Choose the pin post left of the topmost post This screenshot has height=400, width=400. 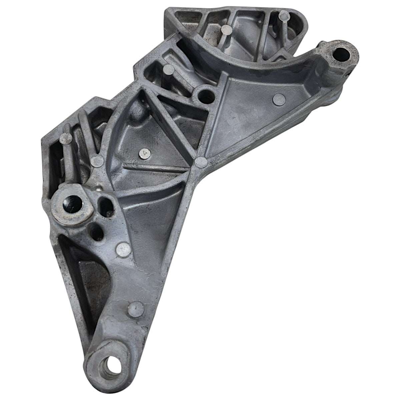click(x=227, y=30)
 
